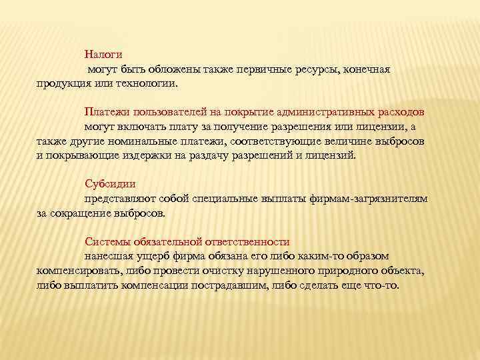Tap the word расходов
(402, 110)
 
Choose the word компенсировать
(79, 271)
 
